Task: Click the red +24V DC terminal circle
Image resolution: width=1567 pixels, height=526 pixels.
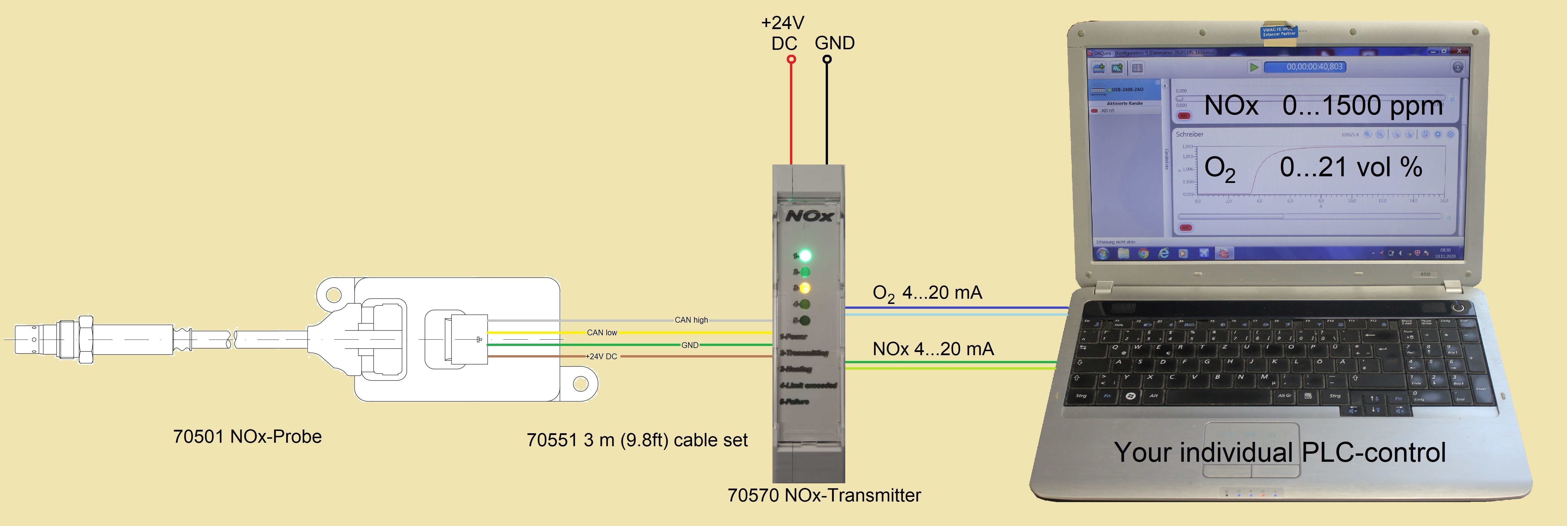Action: pyautogui.click(x=791, y=59)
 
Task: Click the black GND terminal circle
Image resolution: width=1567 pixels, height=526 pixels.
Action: pyautogui.click(x=827, y=59)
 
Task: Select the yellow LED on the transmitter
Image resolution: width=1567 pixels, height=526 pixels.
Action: pyautogui.click(x=805, y=288)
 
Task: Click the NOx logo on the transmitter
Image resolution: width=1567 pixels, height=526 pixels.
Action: pyautogui.click(x=809, y=216)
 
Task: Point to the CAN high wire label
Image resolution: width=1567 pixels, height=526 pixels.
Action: pyautogui.click(x=691, y=320)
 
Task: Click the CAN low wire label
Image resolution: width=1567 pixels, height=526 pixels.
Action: pyautogui.click(x=602, y=332)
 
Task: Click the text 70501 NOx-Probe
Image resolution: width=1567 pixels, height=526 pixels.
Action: pyautogui.click(x=247, y=436)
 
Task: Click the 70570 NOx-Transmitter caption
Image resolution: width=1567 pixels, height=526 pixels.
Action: pyautogui.click(x=824, y=495)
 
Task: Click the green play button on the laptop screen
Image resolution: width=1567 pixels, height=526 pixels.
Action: pyautogui.click(x=1254, y=67)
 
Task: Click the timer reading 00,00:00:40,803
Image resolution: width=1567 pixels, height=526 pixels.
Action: pyautogui.click(x=1314, y=67)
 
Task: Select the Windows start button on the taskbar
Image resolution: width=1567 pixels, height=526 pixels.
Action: pyautogui.click(x=1103, y=253)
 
